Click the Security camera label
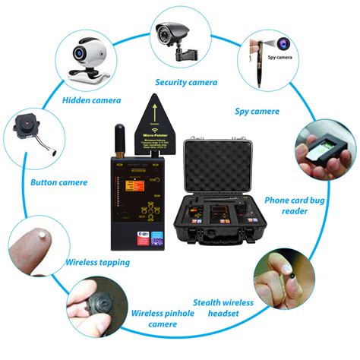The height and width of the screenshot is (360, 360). click(x=186, y=82)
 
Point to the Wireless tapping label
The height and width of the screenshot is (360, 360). click(x=97, y=263)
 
